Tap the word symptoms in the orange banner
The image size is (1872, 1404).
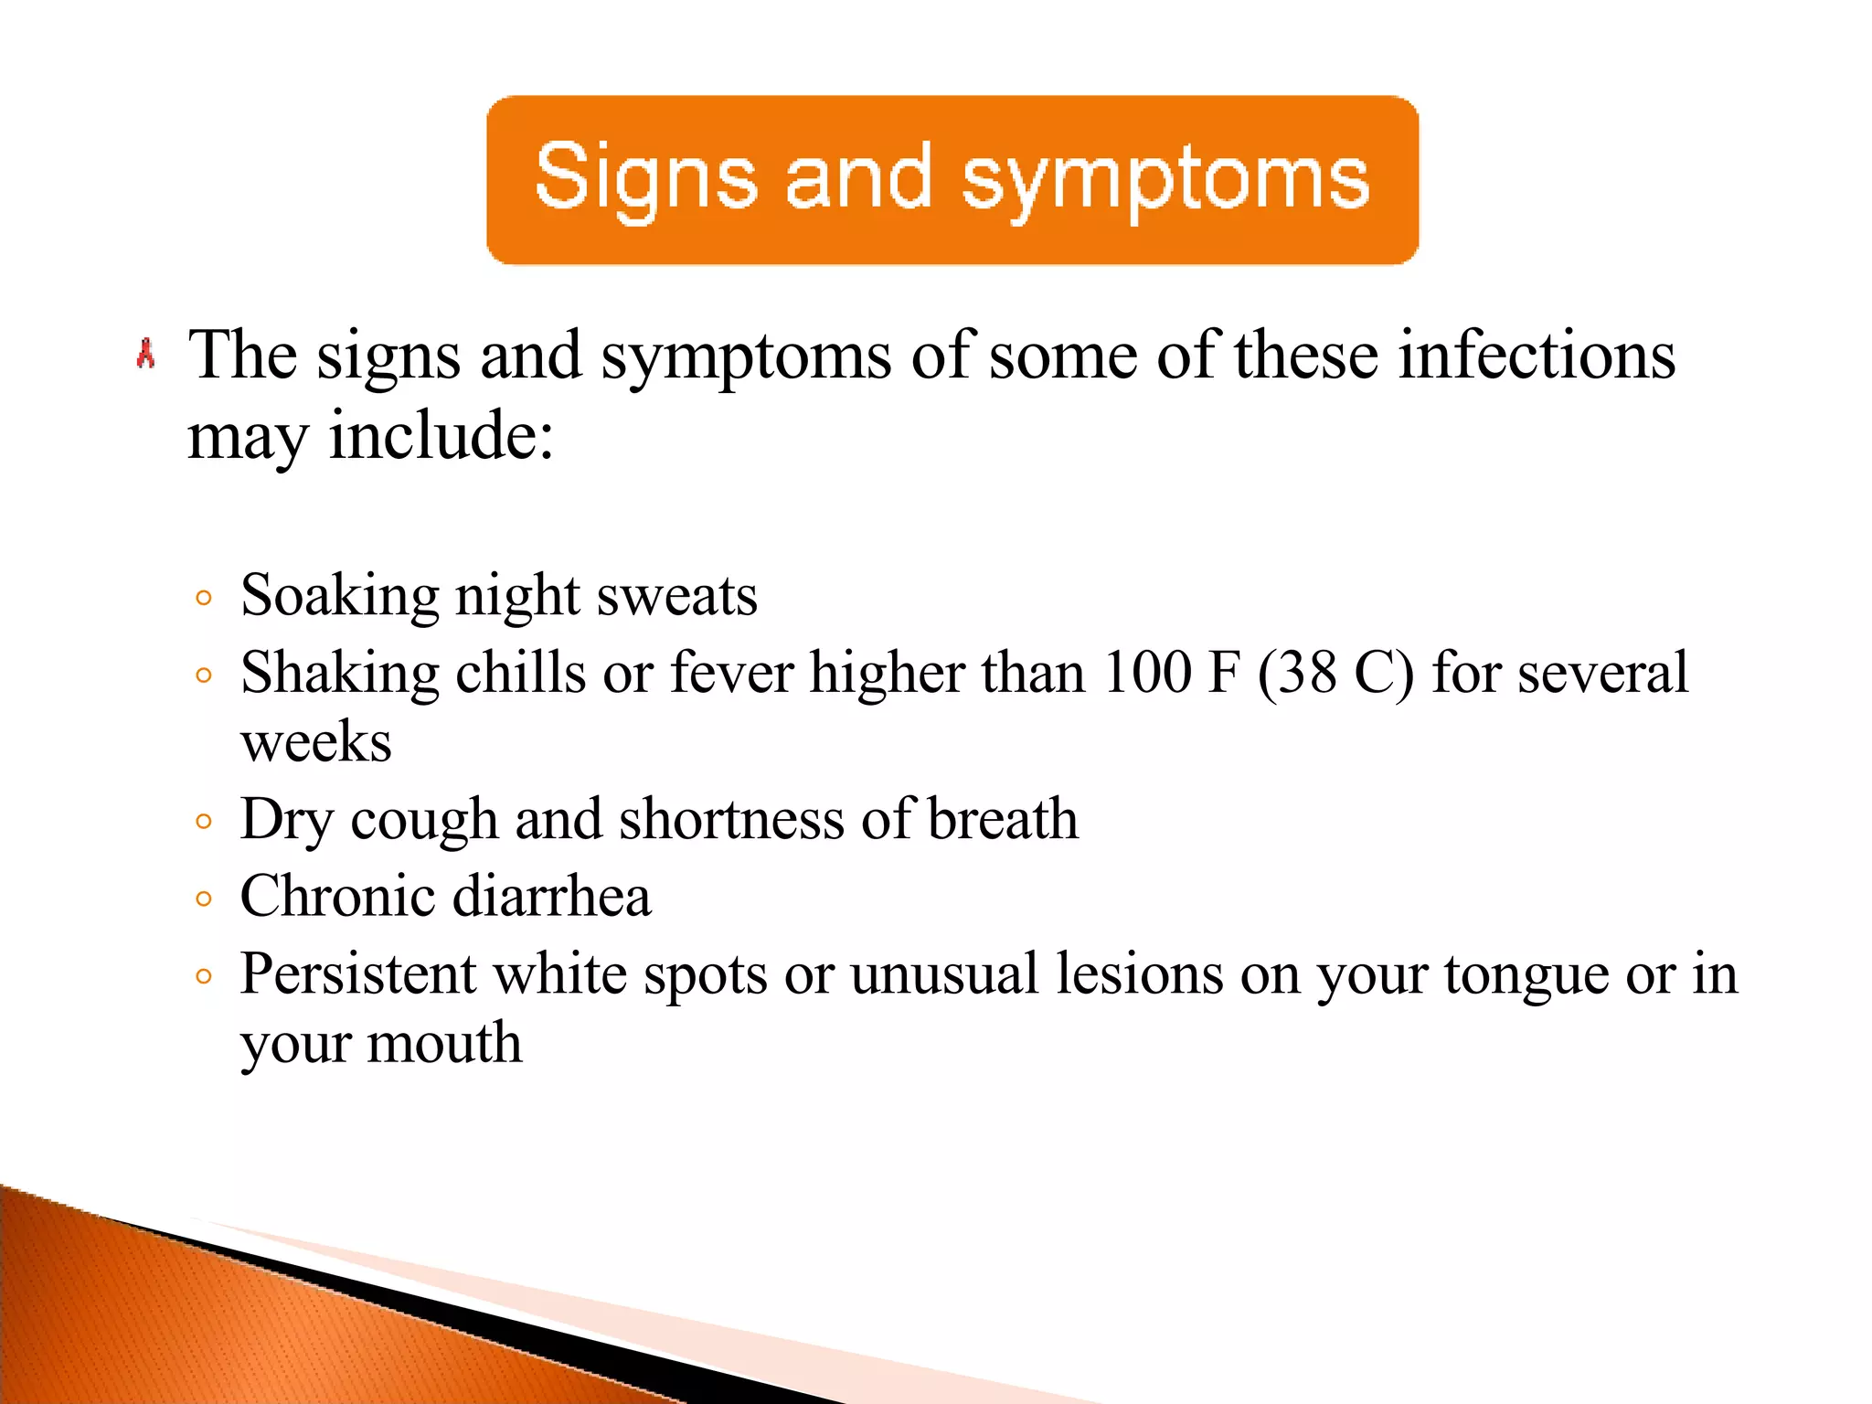(1165, 180)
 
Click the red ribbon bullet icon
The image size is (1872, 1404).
(145, 354)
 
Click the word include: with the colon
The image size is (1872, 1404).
(441, 435)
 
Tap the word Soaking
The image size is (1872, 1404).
(340, 597)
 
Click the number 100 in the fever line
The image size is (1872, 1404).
(1147, 673)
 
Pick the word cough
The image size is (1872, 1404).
(424, 821)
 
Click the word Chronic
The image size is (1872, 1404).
(337, 896)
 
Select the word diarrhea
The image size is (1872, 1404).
(552, 896)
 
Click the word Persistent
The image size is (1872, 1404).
(358, 973)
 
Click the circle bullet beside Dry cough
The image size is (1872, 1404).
(204, 822)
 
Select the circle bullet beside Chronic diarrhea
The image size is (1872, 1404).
(204, 899)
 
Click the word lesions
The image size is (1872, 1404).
(1139, 973)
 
